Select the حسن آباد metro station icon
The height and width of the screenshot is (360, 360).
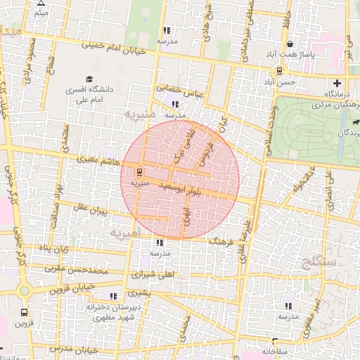pyautogui.click(x=280, y=71)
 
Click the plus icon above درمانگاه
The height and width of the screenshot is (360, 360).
pyautogui.click(x=337, y=83)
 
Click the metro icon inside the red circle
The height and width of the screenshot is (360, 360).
pyautogui.click(x=139, y=172)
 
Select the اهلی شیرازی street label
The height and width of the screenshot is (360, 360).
pyautogui.click(x=159, y=275)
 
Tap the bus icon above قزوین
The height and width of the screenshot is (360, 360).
pyautogui.click(x=25, y=312)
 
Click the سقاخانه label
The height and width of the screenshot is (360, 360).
pyautogui.click(x=275, y=349)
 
